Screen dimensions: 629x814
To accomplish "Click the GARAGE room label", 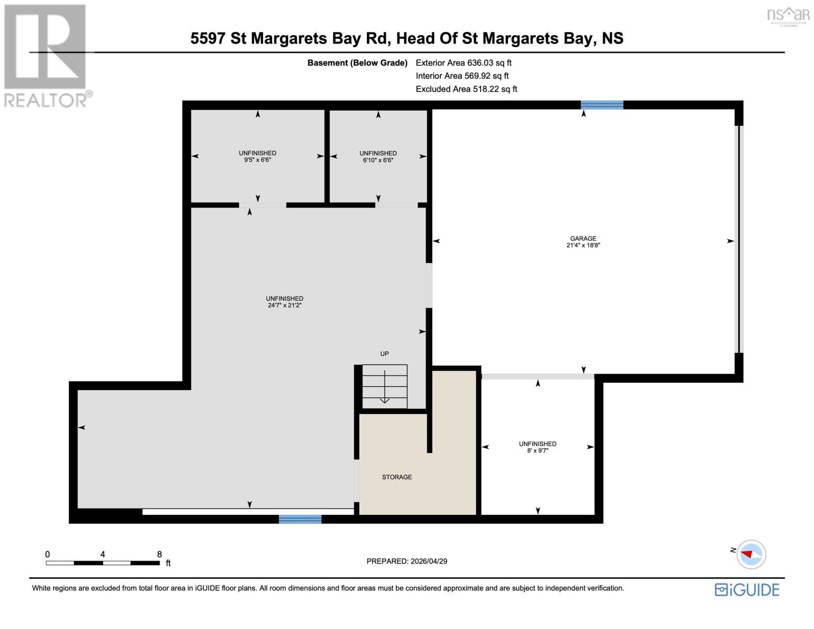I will point(583,238).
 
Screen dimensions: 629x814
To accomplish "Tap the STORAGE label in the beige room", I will point(397,477).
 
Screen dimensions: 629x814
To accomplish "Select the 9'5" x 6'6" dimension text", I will point(257,160).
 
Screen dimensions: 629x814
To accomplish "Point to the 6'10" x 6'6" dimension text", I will point(378,160).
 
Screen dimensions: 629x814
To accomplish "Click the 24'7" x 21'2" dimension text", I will point(285,305).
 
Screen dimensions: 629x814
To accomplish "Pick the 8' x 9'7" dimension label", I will point(537,450).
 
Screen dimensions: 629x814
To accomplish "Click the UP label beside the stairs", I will point(384,354).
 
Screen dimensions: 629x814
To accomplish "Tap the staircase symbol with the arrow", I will point(385,386).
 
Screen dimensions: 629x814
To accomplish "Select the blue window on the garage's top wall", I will point(602,105).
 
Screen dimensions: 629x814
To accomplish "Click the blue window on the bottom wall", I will point(300,519).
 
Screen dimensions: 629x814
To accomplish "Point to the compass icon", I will point(751,554).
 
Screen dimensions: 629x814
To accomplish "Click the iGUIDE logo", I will point(747,590).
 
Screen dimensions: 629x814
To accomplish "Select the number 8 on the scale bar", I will point(159,554).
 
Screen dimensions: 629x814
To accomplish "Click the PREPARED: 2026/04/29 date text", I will point(407,561).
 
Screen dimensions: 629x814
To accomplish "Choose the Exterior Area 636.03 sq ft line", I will point(463,63).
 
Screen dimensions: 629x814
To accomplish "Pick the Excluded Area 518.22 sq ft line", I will point(466,89).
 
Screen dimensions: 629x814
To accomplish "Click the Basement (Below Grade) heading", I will point(357,63).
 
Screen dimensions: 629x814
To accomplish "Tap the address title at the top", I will point(407,38).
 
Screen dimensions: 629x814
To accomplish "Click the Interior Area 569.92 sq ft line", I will point(462,76).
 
